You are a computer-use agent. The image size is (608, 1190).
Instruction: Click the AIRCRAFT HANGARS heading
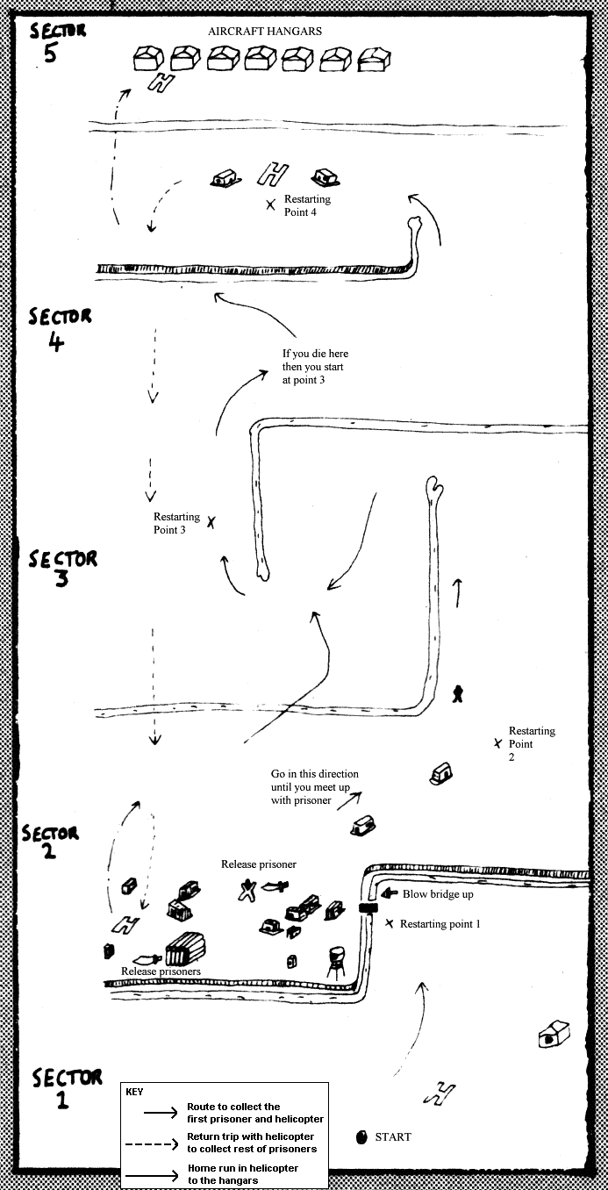(x=265, y=32)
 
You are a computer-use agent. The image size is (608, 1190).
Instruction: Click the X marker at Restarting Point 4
(x=271, y=205)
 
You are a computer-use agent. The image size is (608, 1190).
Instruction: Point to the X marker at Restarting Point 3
(x=211, y=523)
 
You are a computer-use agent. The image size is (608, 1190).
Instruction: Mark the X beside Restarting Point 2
(x=497, y=743)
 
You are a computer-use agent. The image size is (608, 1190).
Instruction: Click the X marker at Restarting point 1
(x=390, y=923)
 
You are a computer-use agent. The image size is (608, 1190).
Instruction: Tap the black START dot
(x=361, y=1137)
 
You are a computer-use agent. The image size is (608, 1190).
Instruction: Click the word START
(x=393, y=1137)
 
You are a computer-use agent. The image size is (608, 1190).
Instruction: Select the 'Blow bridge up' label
(x=438, y=895)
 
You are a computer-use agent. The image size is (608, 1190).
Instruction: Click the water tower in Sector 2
(x=335, y=963)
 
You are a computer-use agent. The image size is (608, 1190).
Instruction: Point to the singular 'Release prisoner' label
(x=259, y=864)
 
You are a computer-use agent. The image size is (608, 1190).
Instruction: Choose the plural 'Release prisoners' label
(x=161, y=971)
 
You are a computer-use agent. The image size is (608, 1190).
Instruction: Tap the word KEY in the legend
(x=134, y=1093)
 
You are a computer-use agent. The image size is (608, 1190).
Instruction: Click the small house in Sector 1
(x=554, y=1035)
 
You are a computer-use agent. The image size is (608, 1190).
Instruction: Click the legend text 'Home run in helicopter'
(x=243, y=1168)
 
